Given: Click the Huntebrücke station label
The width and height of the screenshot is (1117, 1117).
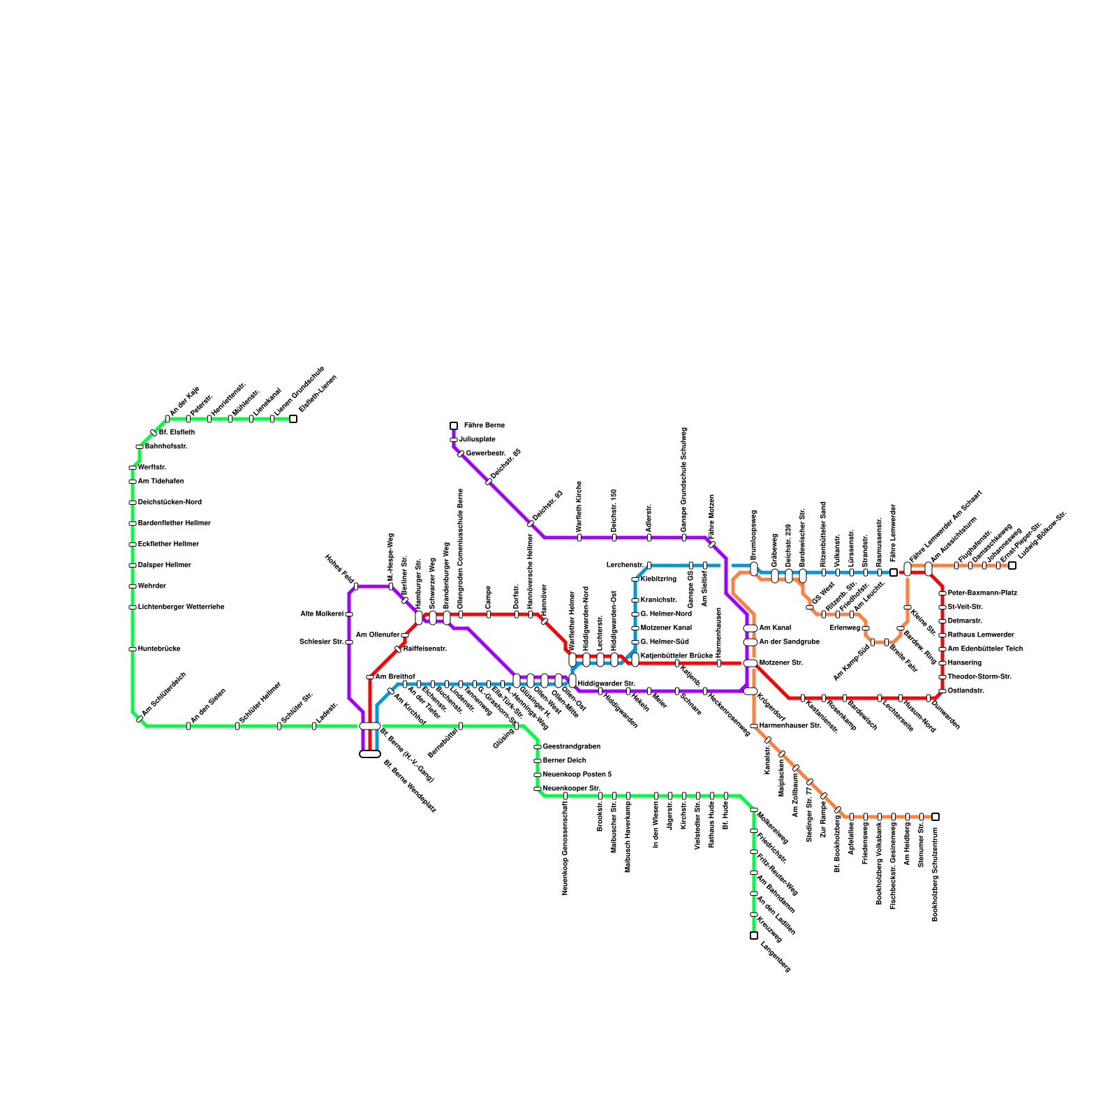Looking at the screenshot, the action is coord(159,649).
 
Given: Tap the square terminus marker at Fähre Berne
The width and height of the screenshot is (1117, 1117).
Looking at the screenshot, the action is coord(454,426).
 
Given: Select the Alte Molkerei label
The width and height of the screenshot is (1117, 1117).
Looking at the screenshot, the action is coord(322,614).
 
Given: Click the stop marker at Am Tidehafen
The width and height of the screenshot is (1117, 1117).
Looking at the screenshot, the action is coord(133,482).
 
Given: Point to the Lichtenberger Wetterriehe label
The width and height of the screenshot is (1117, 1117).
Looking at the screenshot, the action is coord(181,607).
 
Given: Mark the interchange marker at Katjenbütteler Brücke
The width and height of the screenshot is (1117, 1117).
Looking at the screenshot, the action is coord(635,660).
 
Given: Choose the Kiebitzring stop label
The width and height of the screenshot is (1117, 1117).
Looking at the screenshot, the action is coord(658,579).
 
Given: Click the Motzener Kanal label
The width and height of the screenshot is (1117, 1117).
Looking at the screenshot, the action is coord(666,628).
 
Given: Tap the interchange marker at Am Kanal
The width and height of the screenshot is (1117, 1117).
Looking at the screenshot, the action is coord(750,628).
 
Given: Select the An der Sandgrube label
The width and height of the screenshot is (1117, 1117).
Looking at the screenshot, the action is coord(789,642).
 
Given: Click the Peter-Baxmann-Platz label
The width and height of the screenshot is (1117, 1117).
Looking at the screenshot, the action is coord(982,593).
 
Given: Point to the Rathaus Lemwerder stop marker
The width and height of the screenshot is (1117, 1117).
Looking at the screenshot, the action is coord(942,635).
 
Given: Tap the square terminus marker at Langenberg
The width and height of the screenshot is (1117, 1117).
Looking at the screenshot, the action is coord(754,935).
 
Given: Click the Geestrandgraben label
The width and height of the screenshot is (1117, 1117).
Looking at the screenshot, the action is coord(571,747).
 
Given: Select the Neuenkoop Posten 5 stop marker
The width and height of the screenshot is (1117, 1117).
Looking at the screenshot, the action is coord(538,775).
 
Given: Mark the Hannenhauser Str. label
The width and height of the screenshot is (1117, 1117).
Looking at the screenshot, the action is coord(790,726).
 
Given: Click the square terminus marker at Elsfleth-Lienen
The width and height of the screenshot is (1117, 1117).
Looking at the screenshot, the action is coord(293,419).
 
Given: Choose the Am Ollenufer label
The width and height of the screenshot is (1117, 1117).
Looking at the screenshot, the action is coord(378,635).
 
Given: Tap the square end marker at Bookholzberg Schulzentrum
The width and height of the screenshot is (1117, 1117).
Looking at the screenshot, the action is coord(935,817).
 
